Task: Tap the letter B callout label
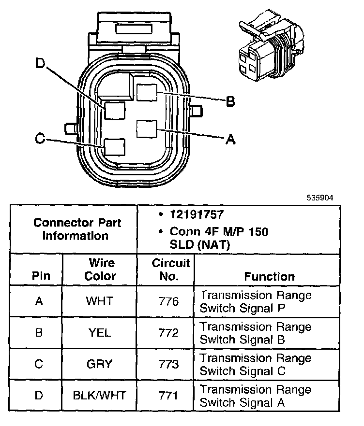pyautogui.click(x=231, y=101)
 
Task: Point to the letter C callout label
pyautogui.click(x=41, y=139)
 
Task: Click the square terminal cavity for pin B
pyautogui.click(x=147, y=92)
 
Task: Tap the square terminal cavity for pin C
pyautogui.click(x=115, y=147)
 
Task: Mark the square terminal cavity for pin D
pyautogui.click(x=115, y=111)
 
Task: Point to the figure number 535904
pyautogui.click(x=319, y=198)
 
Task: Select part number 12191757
pyautogui.click(x=195, y=214)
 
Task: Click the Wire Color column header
pyautogui.click(x=101, y=270)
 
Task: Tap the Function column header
pyautogui.click(x=269, y=276)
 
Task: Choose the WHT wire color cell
pyautogui.click(x=100, y=301)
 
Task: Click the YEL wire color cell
pyautogui.click(x=100, y=333)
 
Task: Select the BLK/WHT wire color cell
pyautogui.click(x=100, y=396)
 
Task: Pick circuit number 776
pyautogui.click(x=168, y=301)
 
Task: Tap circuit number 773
pyautogui.click(x=168, y=364)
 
